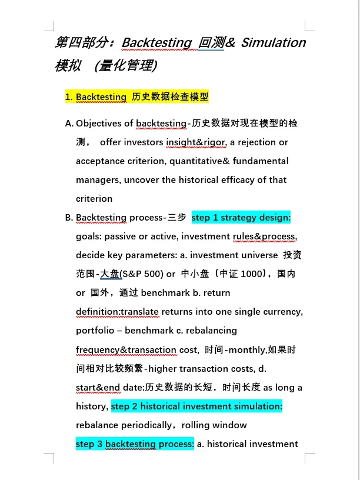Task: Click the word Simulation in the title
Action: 274,43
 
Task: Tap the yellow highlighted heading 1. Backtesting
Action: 136,96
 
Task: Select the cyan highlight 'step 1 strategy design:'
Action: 241,218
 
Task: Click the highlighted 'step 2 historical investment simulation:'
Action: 196,406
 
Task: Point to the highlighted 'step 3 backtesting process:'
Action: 135,444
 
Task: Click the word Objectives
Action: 105,124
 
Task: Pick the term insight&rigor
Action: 196,142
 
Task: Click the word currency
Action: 284,312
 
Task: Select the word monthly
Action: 247,350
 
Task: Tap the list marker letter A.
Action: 69,124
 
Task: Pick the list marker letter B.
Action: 69,218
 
